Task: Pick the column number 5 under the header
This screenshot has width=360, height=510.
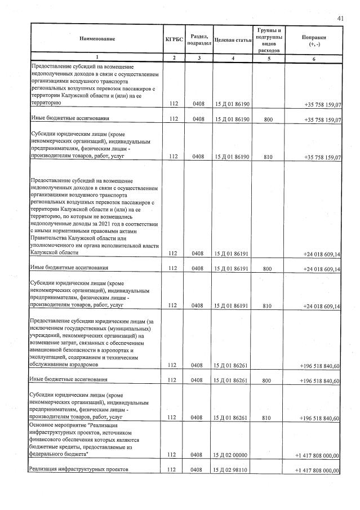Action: pyautogui.click(x=269, y=59)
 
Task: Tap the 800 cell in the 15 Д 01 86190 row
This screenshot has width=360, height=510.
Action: pyautogui.click(x=268, y=119)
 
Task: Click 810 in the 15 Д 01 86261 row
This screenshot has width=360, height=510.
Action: pyautogui.click(x=268, y=418)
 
